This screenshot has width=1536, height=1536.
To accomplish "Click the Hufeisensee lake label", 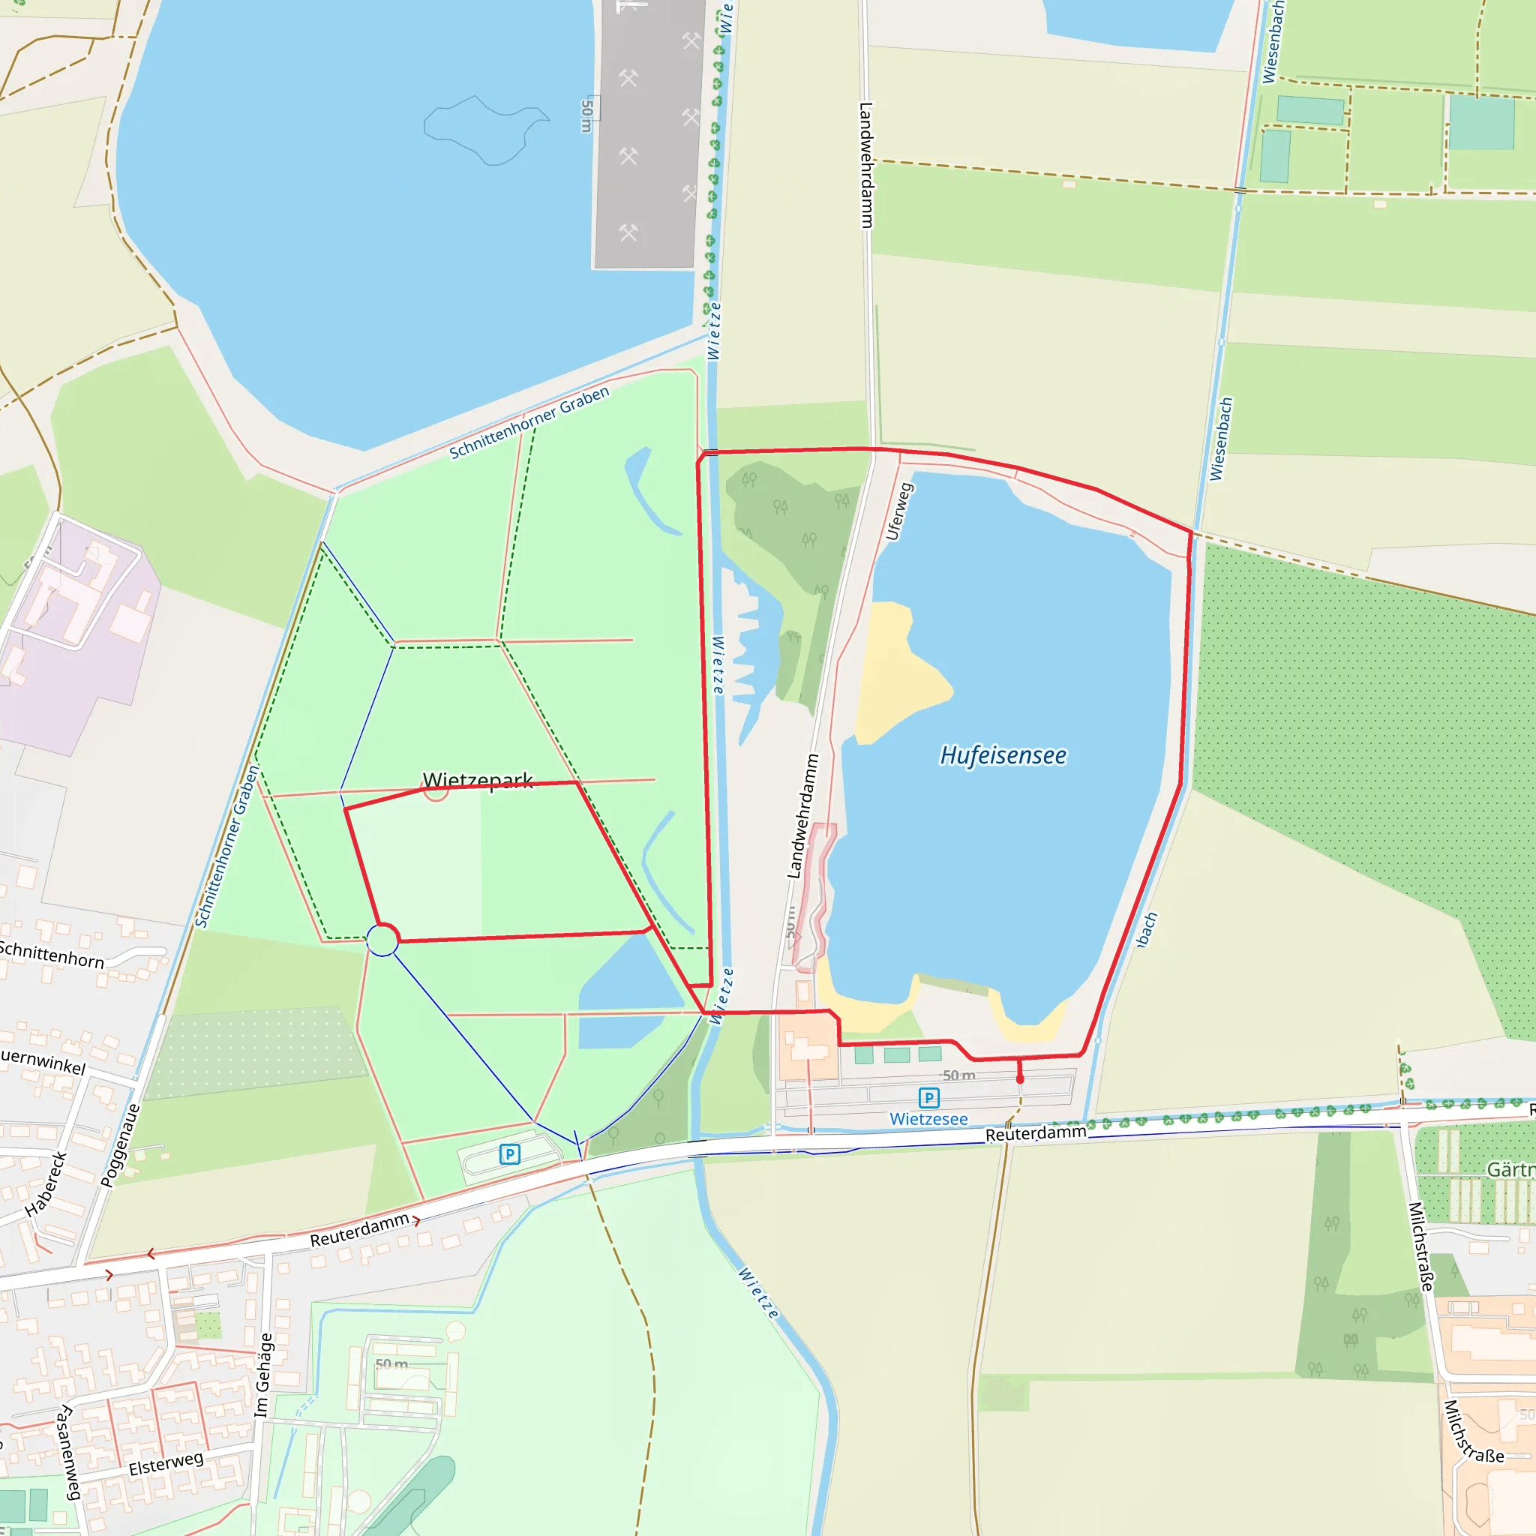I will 1003,755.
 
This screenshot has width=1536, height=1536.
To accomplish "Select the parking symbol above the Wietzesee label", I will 928,1098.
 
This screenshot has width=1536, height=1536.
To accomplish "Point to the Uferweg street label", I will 898,511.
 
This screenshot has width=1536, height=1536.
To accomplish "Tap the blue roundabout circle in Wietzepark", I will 382,940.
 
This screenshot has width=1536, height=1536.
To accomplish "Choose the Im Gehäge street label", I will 263,1375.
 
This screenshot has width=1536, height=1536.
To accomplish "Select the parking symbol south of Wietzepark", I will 509,1153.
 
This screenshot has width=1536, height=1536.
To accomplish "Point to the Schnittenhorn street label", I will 52,954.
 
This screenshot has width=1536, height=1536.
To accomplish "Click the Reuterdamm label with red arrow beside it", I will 359,1230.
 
